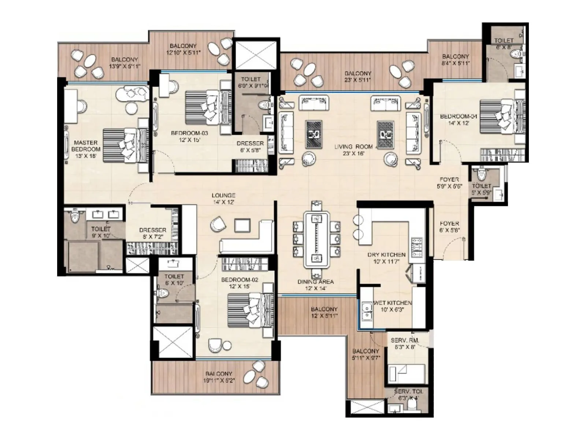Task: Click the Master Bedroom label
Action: tap(86, 149)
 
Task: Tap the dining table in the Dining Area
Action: tap(316, 239)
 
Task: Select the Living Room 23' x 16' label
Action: tap(353, 150)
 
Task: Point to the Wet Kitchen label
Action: tap(392, 306)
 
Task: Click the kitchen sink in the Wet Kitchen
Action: tap(366, 312)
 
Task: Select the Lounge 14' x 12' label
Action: tap(223, 198)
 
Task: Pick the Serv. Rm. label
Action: tap(405, 343)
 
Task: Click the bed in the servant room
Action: tap(407, 374)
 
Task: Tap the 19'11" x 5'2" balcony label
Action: tap(219, 377)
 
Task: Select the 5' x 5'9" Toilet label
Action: tap(481, 189)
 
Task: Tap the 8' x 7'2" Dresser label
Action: tap(153, 233)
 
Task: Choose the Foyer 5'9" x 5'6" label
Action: tap(449, 183)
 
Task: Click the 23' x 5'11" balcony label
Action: tap(357, 76)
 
